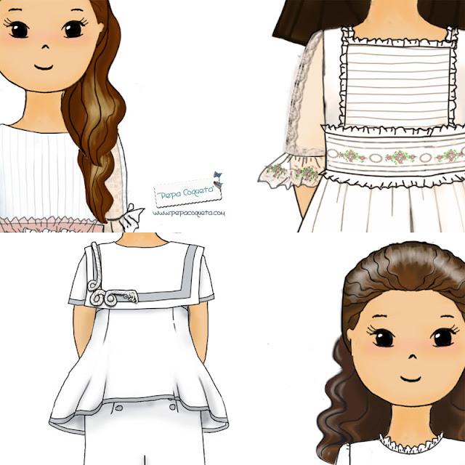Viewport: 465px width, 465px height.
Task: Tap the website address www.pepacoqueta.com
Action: [188, 213]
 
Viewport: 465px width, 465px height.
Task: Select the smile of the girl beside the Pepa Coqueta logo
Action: [44, 66]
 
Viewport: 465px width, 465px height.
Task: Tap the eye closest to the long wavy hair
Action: [72, 30]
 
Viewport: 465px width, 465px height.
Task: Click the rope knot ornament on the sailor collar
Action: [110, 295]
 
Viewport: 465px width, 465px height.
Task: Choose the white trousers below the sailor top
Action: [145, 436]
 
